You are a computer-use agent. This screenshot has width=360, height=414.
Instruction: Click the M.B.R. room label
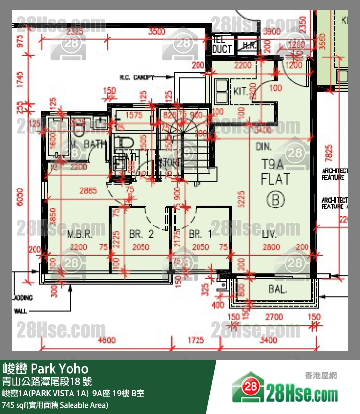point(80,234)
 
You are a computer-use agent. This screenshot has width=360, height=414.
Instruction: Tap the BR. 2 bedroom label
point(141,234)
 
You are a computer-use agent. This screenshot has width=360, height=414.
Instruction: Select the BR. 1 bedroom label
point(200,234)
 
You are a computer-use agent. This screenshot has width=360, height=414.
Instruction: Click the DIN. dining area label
point(264,146)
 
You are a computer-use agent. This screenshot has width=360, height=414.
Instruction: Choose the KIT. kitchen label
point(240,91)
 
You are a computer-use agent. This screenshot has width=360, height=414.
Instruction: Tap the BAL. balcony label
point(277,289)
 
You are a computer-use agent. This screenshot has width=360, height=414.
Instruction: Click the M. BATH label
point(88,144)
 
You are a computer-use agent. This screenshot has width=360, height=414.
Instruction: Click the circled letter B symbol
point(275,199)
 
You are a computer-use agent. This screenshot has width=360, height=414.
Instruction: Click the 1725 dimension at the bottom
point(196,340)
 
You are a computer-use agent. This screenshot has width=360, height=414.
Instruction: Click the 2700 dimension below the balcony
point(273,317)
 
